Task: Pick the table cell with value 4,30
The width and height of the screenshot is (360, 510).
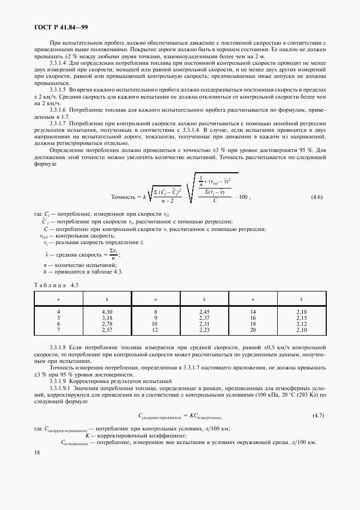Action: (x=107, y=311)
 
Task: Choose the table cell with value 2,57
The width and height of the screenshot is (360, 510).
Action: (x=107, y=330)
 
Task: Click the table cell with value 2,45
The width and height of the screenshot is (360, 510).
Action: (x=204, y=311)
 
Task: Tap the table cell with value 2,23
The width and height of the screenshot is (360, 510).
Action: (x=204, y=330)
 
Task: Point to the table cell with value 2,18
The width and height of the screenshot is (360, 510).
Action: (x=301, y=311)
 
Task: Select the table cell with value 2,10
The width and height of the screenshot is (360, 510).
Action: (x=301, y=330)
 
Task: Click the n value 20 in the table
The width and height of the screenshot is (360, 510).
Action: (x=253, y=330)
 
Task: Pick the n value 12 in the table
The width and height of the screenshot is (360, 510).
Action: (x=156, y=330)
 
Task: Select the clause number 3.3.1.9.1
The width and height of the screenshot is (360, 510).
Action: (x=60, y=387)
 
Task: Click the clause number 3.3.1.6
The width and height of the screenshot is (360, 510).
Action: (x=58, y=110)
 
